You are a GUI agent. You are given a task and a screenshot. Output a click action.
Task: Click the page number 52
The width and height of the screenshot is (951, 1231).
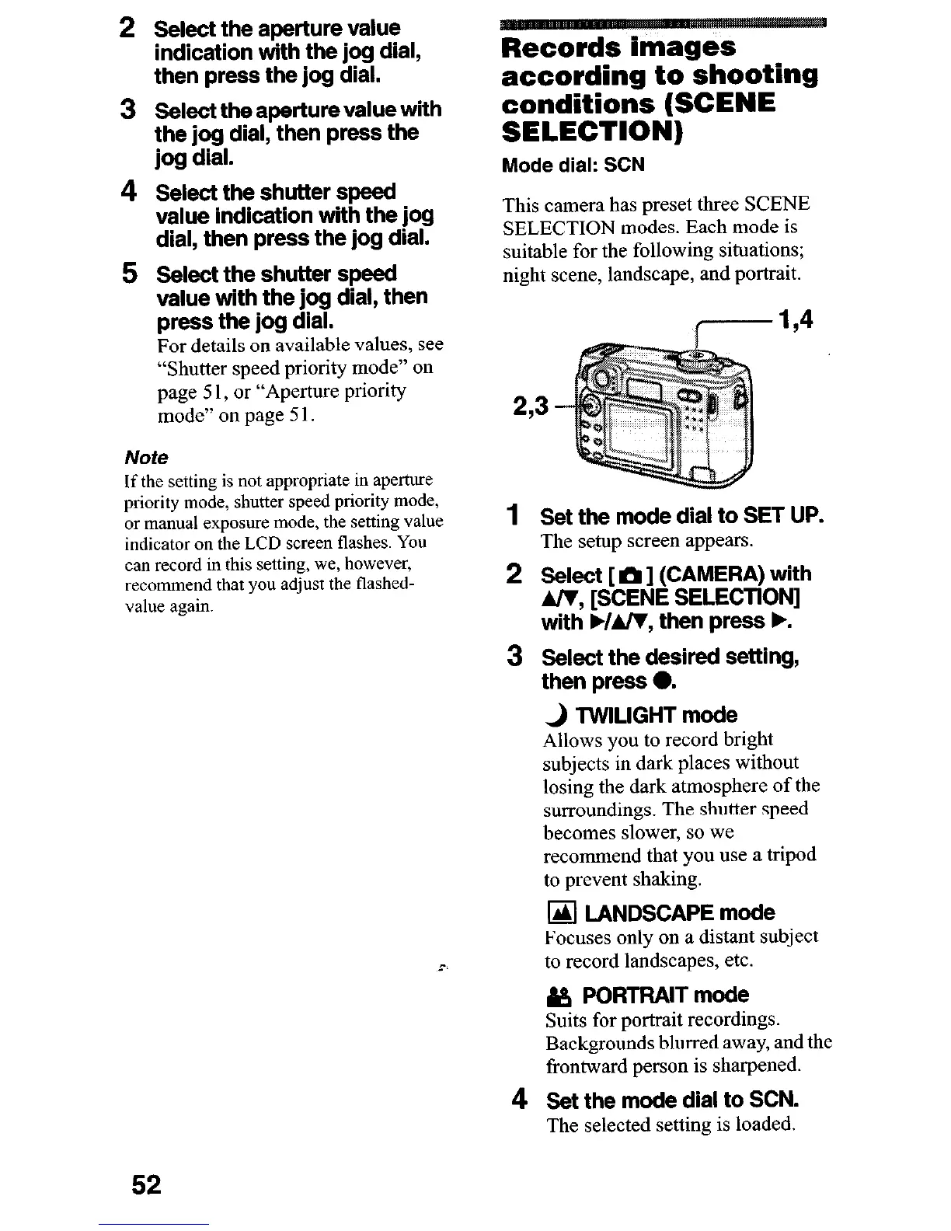coord(146,1184)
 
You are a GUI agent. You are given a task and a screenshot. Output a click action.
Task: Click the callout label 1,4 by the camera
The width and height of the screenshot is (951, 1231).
coord(795,319)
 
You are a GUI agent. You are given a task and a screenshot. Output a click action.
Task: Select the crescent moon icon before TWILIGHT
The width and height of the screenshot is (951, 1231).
coord(556,715)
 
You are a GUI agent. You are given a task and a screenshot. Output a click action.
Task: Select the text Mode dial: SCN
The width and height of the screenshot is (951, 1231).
coord(573,166)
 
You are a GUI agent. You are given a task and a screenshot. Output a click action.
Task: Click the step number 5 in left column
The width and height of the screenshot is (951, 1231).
coord(131,274)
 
